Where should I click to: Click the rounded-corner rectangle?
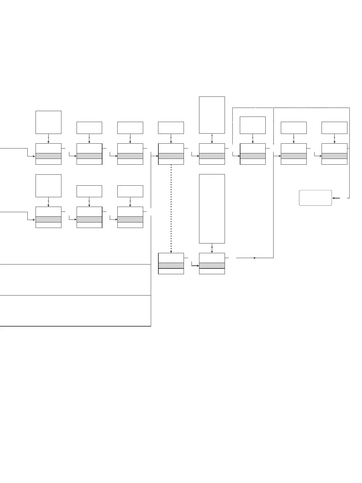click(315, 198)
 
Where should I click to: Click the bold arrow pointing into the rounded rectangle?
click(336, 198)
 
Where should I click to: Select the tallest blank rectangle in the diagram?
click(212, 208)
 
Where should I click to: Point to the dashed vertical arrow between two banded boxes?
click(171, 208)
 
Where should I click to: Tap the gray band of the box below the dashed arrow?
click(171, 265)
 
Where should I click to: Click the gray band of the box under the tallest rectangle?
click(212, 265)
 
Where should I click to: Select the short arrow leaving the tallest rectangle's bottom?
click(212, 248)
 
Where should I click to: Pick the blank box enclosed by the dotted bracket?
click(253, 125)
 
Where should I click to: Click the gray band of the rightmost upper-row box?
click(334, 156)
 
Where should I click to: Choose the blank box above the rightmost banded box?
click(334, 128)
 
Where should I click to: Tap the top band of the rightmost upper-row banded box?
click(334, 148)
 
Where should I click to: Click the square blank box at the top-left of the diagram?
click(48, 122)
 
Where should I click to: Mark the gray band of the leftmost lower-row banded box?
click(48, 219)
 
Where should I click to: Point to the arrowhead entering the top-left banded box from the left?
click(34, 156)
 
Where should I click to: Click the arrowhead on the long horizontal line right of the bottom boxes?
click(254, 258)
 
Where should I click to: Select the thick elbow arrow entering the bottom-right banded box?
click(195, 265)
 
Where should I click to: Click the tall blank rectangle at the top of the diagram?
click(212, 115)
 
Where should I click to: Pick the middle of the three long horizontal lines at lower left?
click(75, 295)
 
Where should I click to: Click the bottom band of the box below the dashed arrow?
click(171, 271)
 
